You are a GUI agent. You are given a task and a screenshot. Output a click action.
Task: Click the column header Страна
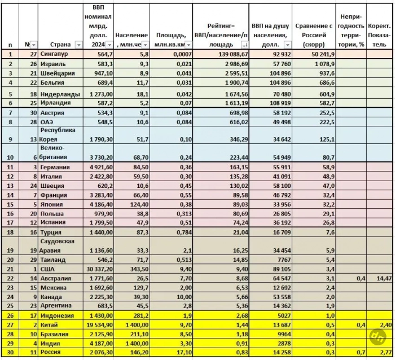[60, 45]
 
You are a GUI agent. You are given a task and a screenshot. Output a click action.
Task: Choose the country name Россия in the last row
[52, 353]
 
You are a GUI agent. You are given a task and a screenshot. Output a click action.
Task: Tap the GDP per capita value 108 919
[279, 103]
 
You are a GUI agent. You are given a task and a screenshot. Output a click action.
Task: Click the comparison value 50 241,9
[322, 54]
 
